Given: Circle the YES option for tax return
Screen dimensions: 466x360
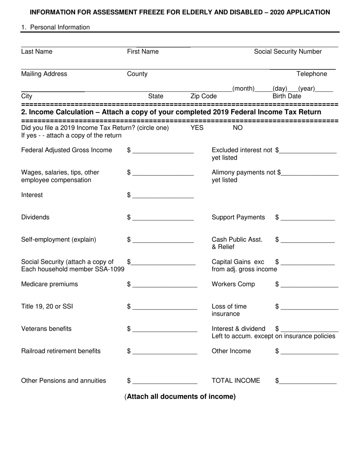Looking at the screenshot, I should (x=197, y=128).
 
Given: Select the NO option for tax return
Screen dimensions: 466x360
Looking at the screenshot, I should (x=237, y=128).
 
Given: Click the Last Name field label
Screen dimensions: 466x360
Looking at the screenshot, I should (x=37, y=52).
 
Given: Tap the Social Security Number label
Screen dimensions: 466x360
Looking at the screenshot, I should (x=288, y=52).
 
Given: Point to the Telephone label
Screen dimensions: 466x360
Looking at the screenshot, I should (x=311, y=74).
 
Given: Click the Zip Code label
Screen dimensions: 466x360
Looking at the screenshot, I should (x=203, y=96).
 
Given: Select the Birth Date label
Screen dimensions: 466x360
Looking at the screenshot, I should (x=287, y=96).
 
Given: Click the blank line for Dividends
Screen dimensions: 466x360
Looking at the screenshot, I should (x=163, y=218).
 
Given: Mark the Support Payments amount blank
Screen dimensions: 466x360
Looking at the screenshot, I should (x=308, y=218).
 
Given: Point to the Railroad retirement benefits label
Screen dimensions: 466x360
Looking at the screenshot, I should (x=61, y=351).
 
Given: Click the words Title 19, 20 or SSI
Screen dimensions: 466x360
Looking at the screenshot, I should (x=47, y=306).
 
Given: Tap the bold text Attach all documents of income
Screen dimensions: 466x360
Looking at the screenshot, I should (x=180, y=397).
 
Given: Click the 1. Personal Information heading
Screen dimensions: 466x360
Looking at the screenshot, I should (x=56, y=27).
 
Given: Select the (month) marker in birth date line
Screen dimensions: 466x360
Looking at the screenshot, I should (x=243, y=89).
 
